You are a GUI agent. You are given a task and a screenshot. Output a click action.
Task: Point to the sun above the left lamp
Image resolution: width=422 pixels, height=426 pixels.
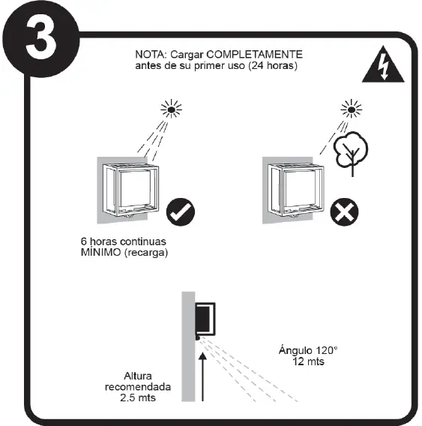[x=172, y=110]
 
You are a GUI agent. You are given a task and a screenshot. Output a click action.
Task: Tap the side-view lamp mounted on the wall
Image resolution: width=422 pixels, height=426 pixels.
[x=205, y=319]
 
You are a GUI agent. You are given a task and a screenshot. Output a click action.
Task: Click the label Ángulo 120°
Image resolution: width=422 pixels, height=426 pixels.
[x=308, y=350]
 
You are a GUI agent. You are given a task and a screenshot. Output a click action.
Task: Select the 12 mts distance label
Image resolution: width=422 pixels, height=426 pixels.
[x=308, y=361]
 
